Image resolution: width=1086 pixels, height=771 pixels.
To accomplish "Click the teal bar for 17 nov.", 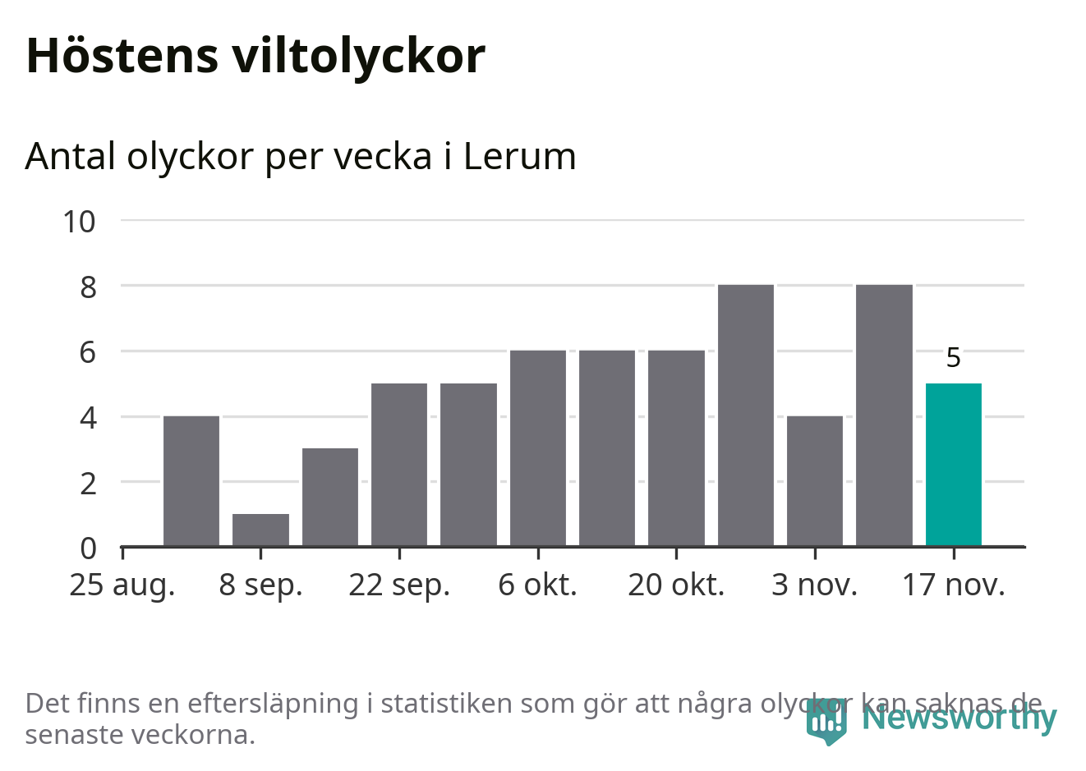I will point(953,464).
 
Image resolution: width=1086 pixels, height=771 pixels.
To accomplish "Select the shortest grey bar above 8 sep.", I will point(260,530).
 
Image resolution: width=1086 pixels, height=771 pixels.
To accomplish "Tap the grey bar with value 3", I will point(330,497).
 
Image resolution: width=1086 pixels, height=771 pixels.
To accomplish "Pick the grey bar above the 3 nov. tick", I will point(815,480).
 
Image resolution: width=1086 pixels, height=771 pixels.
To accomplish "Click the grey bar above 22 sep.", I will point(399,464).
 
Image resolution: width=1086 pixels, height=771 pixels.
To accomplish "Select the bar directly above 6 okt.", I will point(538,447).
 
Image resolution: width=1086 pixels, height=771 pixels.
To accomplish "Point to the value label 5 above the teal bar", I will point(953,358).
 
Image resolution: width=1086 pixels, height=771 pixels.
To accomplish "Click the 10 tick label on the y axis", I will point(80,221).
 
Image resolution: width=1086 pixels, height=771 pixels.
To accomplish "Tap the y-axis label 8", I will point(88,287).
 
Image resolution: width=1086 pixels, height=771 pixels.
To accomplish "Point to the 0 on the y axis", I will point(88,548).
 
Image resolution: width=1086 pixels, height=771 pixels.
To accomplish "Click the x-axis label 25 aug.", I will point(122,585).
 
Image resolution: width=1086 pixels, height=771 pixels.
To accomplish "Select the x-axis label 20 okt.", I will point(676,585).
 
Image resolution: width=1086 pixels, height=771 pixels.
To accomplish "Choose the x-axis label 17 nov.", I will point(953,585).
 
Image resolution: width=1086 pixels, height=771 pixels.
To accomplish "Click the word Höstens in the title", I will point(122,56).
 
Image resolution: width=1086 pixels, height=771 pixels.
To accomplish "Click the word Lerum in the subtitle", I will point(519,156).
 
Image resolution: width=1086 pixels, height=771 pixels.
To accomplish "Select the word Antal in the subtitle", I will point(71,156).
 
